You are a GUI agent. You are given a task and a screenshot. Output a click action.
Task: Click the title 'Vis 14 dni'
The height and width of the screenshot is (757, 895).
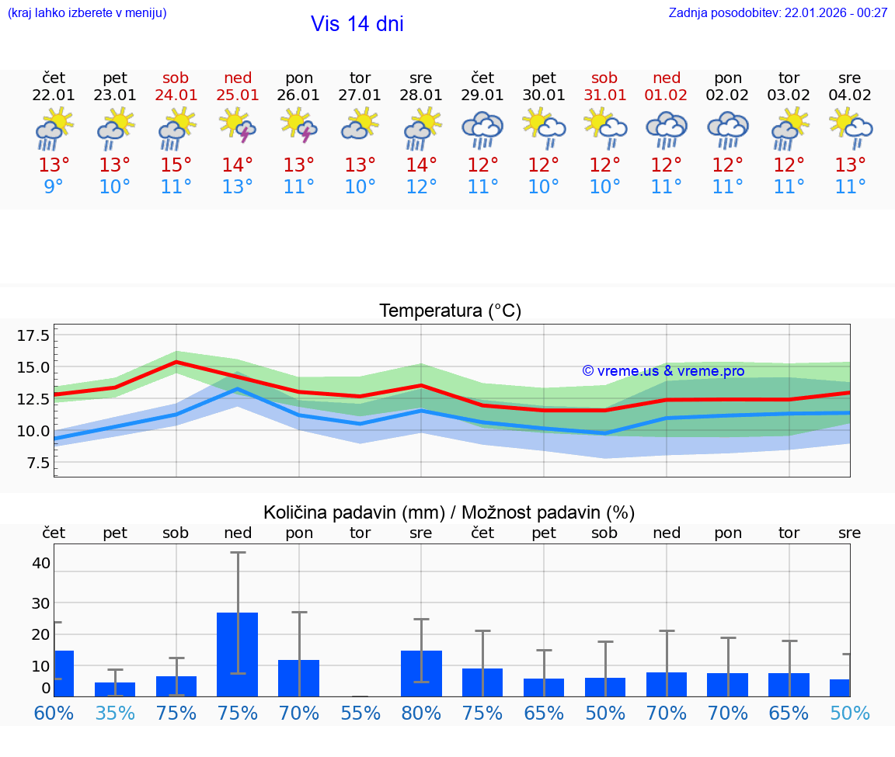(357, 24)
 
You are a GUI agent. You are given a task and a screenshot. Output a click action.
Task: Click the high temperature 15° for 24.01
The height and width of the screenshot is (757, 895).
(176, 165)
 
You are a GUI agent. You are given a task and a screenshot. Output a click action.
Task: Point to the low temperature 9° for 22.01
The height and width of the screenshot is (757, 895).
(54, 187)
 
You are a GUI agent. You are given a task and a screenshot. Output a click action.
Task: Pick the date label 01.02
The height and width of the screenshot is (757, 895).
(666, 95)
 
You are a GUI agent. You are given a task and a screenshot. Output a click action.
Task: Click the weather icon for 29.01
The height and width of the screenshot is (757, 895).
(482, 129)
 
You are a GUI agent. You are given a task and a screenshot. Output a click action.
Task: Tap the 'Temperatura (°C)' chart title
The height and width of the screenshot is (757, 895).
(450, 311)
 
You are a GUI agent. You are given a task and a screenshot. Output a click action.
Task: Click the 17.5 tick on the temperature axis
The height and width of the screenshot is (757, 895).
(33, 335)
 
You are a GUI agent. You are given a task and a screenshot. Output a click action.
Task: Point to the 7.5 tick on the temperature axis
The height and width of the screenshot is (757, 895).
(37, 463)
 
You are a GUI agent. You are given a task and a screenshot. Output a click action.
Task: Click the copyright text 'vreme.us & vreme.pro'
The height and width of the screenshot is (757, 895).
(663, 371)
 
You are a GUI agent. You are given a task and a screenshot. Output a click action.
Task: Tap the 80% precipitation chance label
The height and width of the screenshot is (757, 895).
(421, 713)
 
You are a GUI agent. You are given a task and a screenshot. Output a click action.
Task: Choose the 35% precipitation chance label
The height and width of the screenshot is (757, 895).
(115, 713)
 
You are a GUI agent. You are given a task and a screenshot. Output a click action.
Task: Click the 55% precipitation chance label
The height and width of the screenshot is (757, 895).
(360, 713)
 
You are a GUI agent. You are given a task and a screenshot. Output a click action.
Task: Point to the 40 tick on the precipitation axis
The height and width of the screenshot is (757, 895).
(41, 563)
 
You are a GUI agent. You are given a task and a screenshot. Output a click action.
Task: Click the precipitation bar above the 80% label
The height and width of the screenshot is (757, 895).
(421, 673)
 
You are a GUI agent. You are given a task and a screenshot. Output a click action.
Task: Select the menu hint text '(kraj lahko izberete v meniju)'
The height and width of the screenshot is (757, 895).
(87, 13)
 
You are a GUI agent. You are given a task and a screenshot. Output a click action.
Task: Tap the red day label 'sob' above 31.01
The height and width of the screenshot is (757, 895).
(604, 78)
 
